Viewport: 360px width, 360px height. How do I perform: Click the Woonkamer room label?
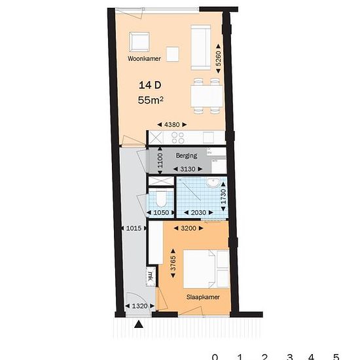point(144,58)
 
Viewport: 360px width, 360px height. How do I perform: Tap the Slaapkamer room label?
point(203,297)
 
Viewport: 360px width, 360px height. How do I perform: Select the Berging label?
point(187,156)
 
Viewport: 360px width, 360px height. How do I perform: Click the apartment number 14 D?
point(150,85)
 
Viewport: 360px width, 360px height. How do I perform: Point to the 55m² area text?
point(151,100)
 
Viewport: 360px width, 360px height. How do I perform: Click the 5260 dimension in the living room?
point(219,58)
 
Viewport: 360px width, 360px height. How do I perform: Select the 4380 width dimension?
point(172,124)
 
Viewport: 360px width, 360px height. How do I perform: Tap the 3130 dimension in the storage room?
point(188,170)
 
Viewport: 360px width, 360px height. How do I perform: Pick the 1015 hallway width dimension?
point(134,228)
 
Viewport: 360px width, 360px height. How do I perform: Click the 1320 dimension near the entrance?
point(140,306)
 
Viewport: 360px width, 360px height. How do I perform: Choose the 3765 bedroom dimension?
point(173,263)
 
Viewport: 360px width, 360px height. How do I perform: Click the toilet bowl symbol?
point(161,199)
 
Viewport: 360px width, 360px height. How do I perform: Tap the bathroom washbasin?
point(213,183)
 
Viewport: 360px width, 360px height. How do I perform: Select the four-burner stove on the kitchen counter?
point(178,137)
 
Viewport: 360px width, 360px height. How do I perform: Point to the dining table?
point(207,96)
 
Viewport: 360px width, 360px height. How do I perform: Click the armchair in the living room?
point(139,43)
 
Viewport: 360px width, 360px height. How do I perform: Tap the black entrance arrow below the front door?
point(139,325)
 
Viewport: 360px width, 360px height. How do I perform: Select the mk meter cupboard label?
point(151,276)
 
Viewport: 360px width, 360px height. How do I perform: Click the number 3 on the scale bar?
point(289,357)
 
